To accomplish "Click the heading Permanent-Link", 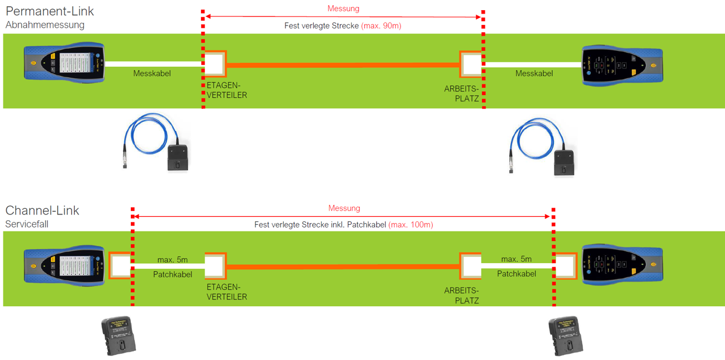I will coord(50,11).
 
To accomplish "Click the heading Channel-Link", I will coord(42,211).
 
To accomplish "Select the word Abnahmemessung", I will coord(45,25).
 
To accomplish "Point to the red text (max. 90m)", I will coord(381,25).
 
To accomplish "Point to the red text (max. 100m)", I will coord(411,225).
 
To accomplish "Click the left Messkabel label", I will coord(152,74).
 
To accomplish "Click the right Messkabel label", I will coord(534,74).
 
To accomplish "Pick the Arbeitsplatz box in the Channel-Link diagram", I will coord(470,265).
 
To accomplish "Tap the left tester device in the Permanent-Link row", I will coord(64,63).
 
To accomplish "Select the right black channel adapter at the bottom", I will coord(566,336).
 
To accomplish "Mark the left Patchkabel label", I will coord(172,274).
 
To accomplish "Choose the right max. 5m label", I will coord(516,259).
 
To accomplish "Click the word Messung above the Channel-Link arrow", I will coord(344,208).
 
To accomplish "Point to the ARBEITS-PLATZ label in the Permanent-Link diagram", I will coord(462,94).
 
